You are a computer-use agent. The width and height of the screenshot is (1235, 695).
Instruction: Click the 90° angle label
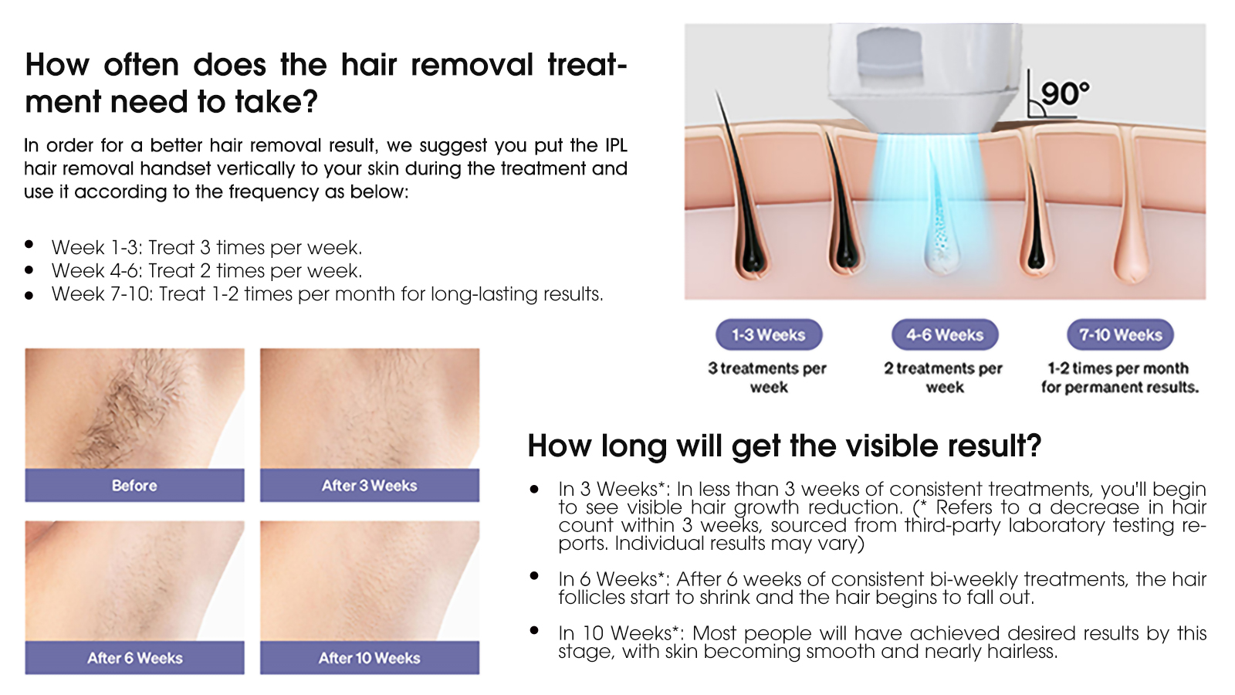[1065, 93]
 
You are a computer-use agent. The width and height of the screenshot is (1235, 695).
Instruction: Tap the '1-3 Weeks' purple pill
[769, 335]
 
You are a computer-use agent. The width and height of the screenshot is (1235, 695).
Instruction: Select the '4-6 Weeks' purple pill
[945, 335]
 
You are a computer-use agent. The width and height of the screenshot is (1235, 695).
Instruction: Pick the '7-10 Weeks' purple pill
[1120, 335]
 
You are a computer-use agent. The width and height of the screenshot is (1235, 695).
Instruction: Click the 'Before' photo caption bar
[134, 486]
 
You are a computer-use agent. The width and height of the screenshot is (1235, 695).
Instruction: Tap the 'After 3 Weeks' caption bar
[370, 486]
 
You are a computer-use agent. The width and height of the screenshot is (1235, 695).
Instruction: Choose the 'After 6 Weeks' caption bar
[134, 657]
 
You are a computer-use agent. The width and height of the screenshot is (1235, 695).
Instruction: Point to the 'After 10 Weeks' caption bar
[370, 657]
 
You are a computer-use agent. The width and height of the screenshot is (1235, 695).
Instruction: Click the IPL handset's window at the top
[889, 53]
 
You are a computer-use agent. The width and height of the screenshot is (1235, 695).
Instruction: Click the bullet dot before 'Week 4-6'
[29, 270]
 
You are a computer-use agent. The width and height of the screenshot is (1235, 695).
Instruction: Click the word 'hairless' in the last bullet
[1022, 652]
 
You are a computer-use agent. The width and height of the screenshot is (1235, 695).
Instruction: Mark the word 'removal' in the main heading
[472, 65]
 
